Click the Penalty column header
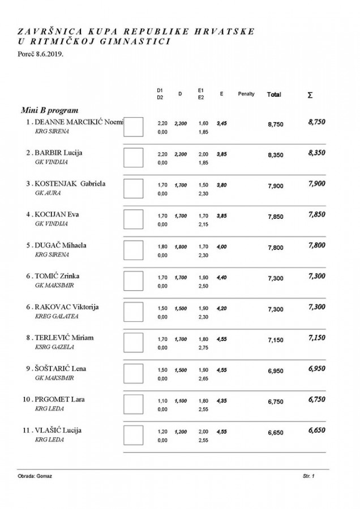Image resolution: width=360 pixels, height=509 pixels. pyautogui.click(x=246, y=94)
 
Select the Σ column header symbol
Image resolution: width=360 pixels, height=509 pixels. pyautogui.click(x=310, y=95)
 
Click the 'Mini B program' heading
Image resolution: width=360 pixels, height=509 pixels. pyautogui.click(x=49, y=110)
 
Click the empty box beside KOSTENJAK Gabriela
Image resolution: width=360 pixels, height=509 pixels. pyautogui.click(x=133, y=188)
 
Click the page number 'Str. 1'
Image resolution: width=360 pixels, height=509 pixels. pyautogui.click(x=308, y=477)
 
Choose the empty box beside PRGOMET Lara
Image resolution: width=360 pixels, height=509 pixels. pyautogui.click(x=133, y=403)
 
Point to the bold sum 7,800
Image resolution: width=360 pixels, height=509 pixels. pyautogui.click(x=316, y=244)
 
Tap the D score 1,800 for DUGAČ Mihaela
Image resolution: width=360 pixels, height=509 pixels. pyautogui.click(x=180, y=247)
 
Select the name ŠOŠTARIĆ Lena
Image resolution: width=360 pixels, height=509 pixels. pyautogui.click(x=59, y=368)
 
